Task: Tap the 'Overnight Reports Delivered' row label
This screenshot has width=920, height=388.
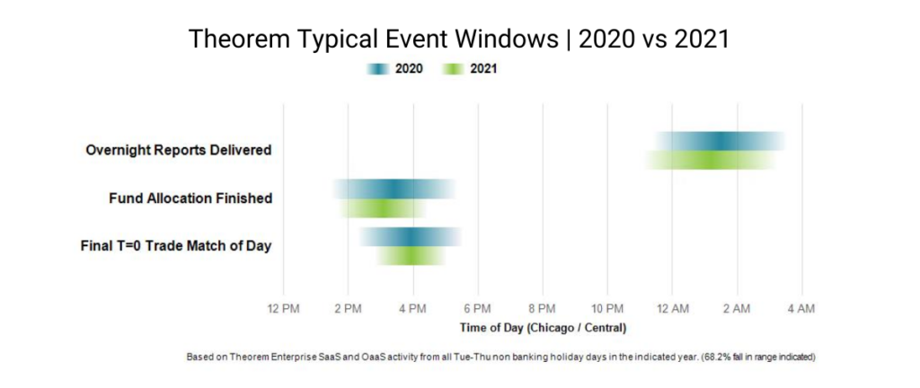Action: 178,150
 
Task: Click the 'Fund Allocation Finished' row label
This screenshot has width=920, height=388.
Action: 190,198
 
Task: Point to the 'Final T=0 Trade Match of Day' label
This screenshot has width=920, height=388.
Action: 175,245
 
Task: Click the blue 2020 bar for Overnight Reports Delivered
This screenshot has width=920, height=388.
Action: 721,141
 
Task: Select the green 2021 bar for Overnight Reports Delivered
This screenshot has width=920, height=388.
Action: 710,160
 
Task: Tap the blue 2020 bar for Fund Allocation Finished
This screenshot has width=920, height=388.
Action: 394,189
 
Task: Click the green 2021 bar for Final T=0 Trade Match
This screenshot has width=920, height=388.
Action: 411,256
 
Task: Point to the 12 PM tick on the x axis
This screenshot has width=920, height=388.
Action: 284,309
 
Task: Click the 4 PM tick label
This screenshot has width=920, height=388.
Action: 413,309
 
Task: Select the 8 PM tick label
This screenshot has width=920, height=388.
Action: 543,309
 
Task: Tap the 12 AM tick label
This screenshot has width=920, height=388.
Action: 672,309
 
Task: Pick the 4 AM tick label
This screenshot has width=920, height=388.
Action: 801,309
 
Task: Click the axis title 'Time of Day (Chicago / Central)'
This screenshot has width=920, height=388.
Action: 543,327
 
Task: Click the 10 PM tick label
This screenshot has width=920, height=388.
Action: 607,309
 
